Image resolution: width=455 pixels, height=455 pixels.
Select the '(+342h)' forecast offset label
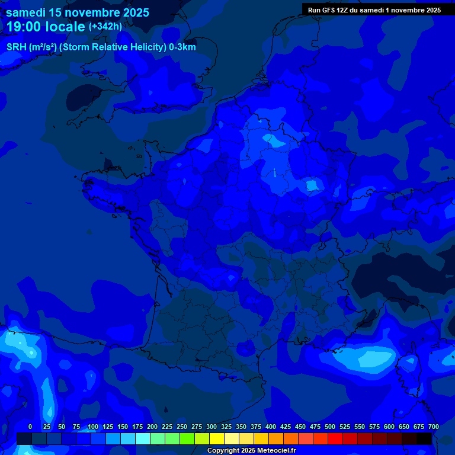click(x=105, y=27)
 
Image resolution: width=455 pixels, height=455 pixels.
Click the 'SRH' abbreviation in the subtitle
click(x=16, y=47)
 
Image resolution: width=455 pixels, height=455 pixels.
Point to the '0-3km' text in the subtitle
click(x=183, y=47)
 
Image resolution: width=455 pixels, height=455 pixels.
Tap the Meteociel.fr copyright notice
click(x=251, y=450)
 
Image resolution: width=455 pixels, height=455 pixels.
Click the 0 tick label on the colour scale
click(x=30, y=427)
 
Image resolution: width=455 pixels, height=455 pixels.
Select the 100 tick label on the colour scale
click(x=93, y=427)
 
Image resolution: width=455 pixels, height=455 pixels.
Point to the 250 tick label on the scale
click(x=182, y=427)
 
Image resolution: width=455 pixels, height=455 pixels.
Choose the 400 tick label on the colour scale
click(x=271, y=427)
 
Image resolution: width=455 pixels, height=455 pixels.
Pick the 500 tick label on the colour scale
click(x=330, y=427)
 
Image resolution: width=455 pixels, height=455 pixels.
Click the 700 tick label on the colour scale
click(x=433, y=427)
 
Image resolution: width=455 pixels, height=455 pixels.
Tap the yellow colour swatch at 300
click(x=217, y=438)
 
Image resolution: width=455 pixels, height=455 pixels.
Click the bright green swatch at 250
click(x=187, y=438)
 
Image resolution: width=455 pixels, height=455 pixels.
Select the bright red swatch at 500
click(x=335, y=438)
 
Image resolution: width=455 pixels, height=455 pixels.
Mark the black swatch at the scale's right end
click(x=424, y=438)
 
